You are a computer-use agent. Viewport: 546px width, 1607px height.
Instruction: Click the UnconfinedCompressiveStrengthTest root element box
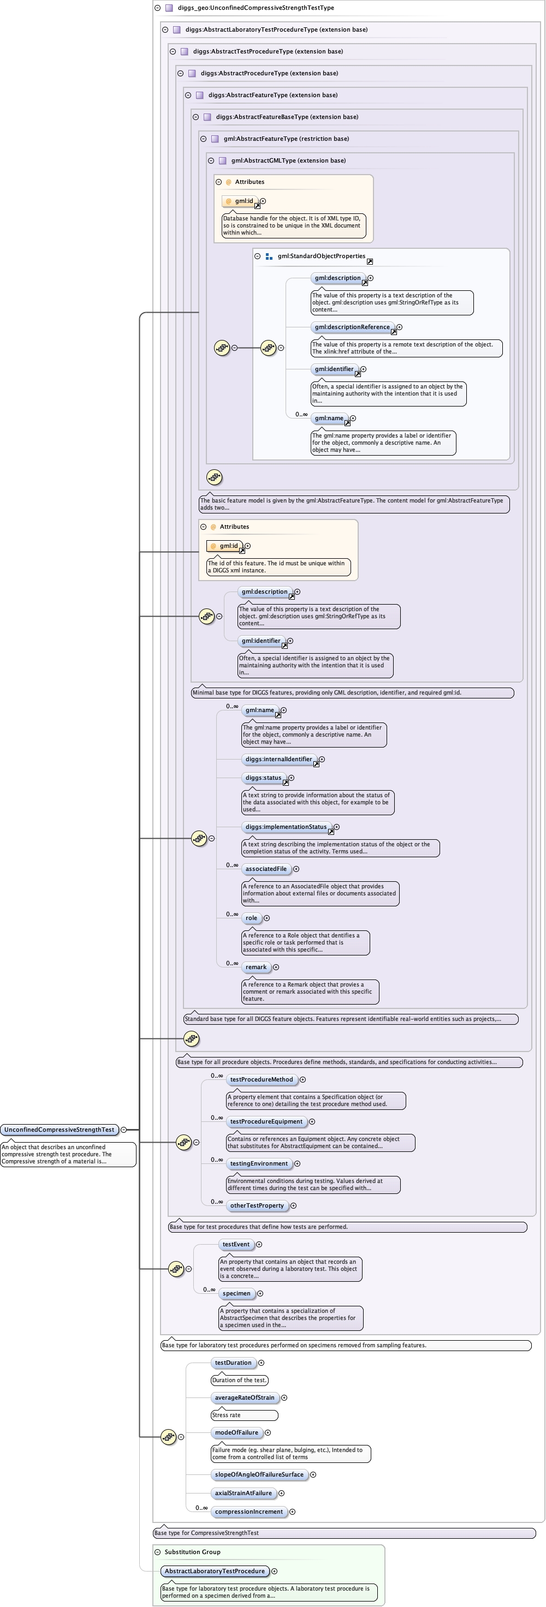[x=60, y=1130]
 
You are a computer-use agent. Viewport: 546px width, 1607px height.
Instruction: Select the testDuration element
[x=233, y=1363]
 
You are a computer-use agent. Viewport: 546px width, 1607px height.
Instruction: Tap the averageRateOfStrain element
[x=245, y=1398]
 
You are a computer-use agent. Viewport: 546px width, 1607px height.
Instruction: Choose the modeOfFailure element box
[x=236, y=1433]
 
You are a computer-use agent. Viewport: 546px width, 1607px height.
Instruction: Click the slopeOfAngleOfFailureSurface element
[x=259, y=1475]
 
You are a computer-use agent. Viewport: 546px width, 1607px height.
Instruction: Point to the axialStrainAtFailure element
[x=244, y=1494]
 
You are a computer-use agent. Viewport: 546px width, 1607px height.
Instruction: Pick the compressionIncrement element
[x=249, y=1512]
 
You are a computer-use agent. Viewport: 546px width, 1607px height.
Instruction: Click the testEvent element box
[x=236, y=1245]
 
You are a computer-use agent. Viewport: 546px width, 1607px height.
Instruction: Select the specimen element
[x=236, y=1294]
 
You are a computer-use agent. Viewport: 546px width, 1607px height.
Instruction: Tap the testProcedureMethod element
[x=262, y=1080]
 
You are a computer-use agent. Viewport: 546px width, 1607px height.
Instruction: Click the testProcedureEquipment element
[x=266, y=1122]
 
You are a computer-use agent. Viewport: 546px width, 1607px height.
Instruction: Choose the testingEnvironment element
[x=259, y=1164]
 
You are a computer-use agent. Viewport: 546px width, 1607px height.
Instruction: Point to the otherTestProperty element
[x=257, y=1206]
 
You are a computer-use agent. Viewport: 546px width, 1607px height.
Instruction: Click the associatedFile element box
[x=266, y=869]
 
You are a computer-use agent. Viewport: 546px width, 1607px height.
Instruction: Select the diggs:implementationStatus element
[x=286, y=827]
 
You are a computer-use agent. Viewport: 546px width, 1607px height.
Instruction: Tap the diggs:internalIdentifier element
[x=278, y=760]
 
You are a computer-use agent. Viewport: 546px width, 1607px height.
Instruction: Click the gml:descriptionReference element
[x=352, y=327]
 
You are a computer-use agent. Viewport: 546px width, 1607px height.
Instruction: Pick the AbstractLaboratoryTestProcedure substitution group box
[x=215, y=1572]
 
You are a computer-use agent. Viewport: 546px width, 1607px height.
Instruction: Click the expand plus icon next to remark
[x=276, y=967]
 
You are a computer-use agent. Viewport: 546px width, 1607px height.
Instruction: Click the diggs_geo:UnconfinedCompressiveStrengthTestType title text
[x=256, y=8]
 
